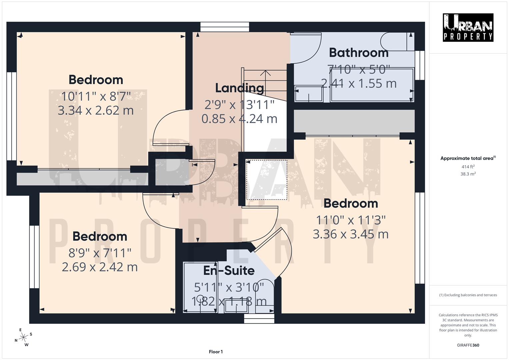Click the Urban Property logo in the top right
pyautogui.click(x=468, y=27)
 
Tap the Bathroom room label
pyautogui.click(x=359, y=53)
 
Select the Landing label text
pyautogui.click(x=239, y=88)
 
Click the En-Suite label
pyautogui.click(x=229, y=270)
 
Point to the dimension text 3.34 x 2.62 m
pyautogui.click(x=96, y=110)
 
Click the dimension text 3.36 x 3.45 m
pyautogui.click(x=351, y=234)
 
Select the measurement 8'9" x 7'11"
pyautogui.click(x=100, y=253)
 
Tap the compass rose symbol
pyautogui.click(x=23, y=337)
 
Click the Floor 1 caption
pyautogui.click(x=216, y=352)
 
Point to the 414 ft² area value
pyautogui.click(x=468, y=167)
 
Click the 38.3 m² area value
pyautogui.click(x=468, y=174)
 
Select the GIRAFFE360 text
pyautogui.click(x=468, y=345)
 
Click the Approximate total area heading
pyautogui.click(x=468, y=158)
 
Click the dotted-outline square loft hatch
pyautogui.click(x=266, y=180)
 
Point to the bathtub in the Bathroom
pyautogui.click(x=372, y=84)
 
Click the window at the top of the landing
pyautogui.click(x=225, y=27)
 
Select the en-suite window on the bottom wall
pyautogui.click(x=259, y=319)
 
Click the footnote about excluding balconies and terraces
pyautogui.click(x=468, y=295)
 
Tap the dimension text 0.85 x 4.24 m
pyautogui.click(x=239, y=119)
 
